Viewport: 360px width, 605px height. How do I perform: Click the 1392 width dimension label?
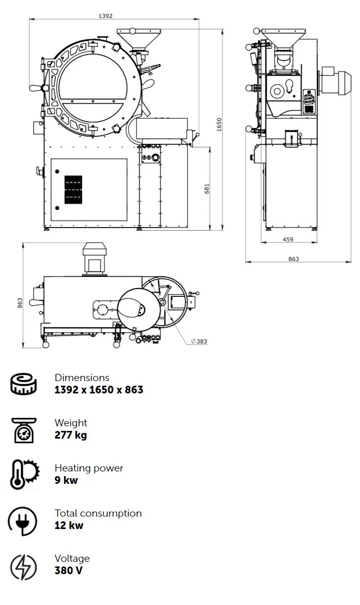pyautogui.click(x=105, y=16)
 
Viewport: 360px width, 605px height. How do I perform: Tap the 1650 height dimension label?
pyautogui.click(x=219, y=125)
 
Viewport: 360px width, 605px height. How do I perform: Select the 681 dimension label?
pyautogui.click(x=207, y=189)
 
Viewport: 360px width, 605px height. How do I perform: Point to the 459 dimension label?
pyautogui.click(x=288, y=239)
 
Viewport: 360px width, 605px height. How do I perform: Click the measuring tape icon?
pyautogui.click(x=24, y=384)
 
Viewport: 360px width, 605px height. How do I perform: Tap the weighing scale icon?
pyautogui.click(x=24, y=429)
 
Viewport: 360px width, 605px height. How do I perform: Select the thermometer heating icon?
pyautogui.click(x=24, y=474)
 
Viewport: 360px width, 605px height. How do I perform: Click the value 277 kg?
pyautogui.click(x=70, y=435)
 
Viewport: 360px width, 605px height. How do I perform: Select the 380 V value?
pyautogui.click(x=68, y=571)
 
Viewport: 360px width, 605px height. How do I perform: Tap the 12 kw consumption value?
pyautogui.click(x=69, y=525)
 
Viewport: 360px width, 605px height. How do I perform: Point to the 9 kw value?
pyautogui.click(x=66, y=480)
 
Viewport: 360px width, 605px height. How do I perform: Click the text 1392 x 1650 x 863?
pyautogui.click(x=99, y=390)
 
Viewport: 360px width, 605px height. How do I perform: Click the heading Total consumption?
pyautogui.click(x=98, y=513)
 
